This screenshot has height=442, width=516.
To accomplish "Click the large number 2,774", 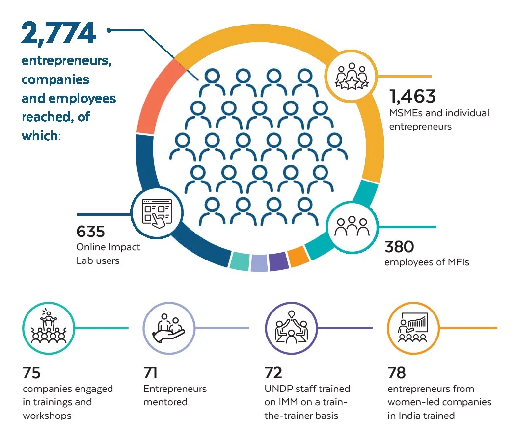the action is coord(58,33).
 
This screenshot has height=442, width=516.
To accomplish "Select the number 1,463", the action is coord(412,96).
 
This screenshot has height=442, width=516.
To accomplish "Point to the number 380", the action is coord(400,246).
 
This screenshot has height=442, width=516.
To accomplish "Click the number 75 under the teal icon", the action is coord(31,373).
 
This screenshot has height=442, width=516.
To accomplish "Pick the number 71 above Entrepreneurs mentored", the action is coord(150,373).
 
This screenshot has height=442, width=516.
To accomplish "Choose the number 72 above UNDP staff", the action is coord(273,373).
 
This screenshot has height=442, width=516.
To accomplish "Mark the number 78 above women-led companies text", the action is coord(397,373).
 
